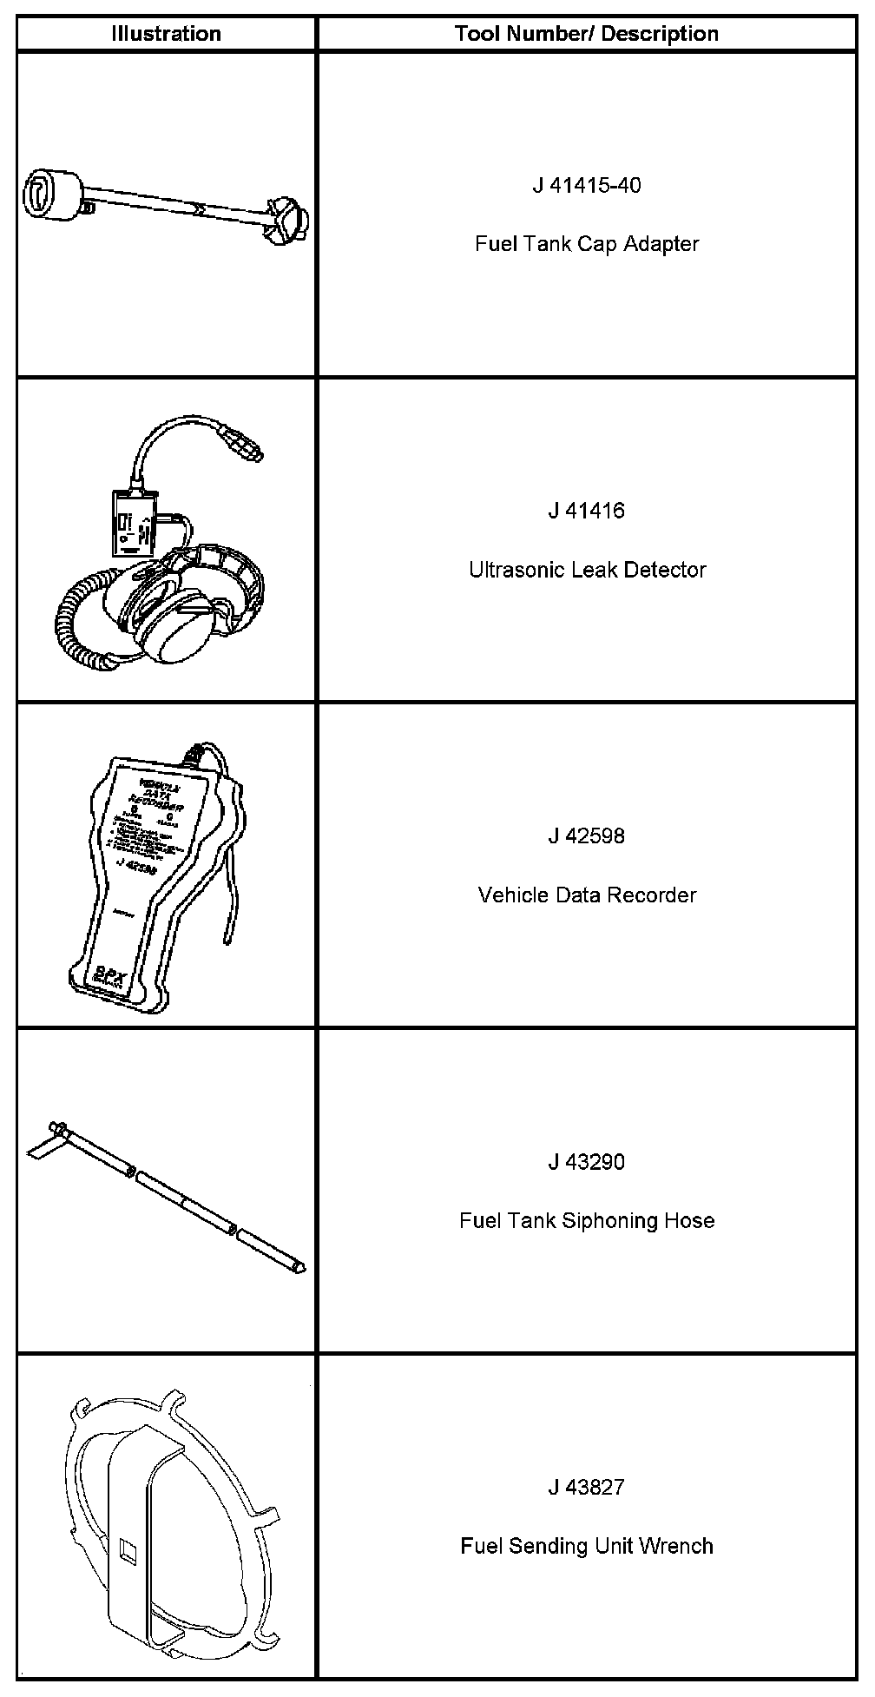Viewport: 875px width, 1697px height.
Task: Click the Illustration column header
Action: pos(166,34)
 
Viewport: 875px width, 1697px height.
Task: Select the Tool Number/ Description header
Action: pos(586,34)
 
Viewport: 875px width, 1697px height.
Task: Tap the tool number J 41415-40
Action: pos(586,185)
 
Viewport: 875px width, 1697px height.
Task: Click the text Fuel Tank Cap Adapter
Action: pos(586,244)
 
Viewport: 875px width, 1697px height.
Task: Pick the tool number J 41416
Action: pos(586,511)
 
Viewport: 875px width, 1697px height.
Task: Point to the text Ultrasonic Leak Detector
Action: pos(587,570)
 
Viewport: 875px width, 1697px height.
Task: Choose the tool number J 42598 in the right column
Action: pos(586,836)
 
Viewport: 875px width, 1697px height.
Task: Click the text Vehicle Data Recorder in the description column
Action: pos(587,895)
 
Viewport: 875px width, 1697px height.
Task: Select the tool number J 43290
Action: pos(586,1162)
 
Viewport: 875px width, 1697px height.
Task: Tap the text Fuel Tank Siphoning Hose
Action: pos(587,1221)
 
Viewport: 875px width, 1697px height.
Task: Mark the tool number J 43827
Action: pos(586,1488)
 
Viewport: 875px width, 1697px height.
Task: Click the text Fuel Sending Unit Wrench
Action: pos(587,1547)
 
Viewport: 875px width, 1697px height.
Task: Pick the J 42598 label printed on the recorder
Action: pos(135,865)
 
